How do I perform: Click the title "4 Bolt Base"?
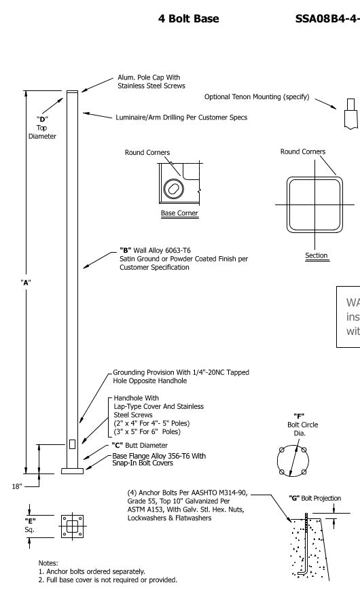point(188,18)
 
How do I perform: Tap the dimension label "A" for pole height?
point(26,281)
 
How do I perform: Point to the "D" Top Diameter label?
point(42,127)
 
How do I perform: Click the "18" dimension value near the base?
point(16,486)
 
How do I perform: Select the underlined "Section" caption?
point(316,255)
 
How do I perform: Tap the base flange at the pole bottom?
point(72,469)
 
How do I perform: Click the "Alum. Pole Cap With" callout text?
point(149,77)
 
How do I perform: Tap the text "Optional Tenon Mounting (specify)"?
point(257,97)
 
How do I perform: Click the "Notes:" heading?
point(48,563)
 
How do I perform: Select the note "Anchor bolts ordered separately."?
point(92,571)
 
